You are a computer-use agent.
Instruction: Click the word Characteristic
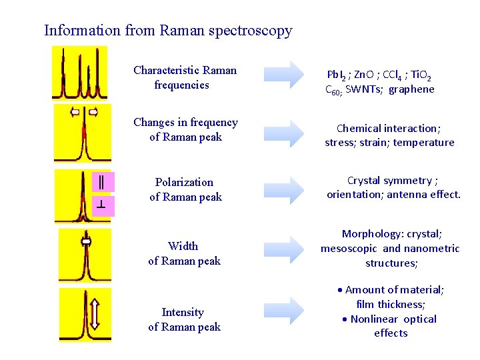click(x=163, y=70)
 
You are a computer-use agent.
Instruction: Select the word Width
click(x=183, y=246)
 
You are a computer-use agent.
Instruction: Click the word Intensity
click(x=183, y=312)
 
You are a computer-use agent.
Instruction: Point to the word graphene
click(x=411, y=89)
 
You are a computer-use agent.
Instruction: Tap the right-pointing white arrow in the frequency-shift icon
click(x=93, y=112)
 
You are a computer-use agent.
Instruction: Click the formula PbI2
click(x=337, y=75)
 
